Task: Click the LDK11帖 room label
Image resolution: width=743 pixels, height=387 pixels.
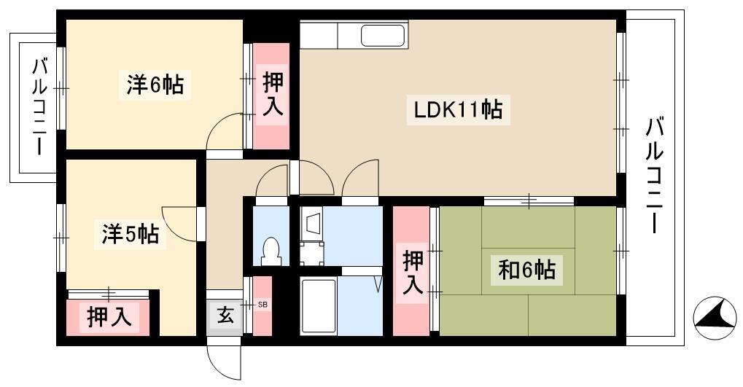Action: [x=458, y=110]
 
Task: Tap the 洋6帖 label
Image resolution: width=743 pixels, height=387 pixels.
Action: [x=155, y=85]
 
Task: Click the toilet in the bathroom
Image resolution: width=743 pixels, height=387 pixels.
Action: [x=270, y=250]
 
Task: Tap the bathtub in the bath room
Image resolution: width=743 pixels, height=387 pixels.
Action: [x=319, y=306]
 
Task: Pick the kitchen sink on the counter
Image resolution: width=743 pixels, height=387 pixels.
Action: [x=384, y=35]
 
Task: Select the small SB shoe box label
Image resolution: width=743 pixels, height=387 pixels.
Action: [x=262, y=305]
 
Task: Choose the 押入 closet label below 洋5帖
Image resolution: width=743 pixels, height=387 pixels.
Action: [x=109, y=317]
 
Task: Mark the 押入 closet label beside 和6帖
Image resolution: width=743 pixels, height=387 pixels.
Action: [x=412, y=273]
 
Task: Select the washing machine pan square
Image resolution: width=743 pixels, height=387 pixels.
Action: [x=314, y=253]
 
